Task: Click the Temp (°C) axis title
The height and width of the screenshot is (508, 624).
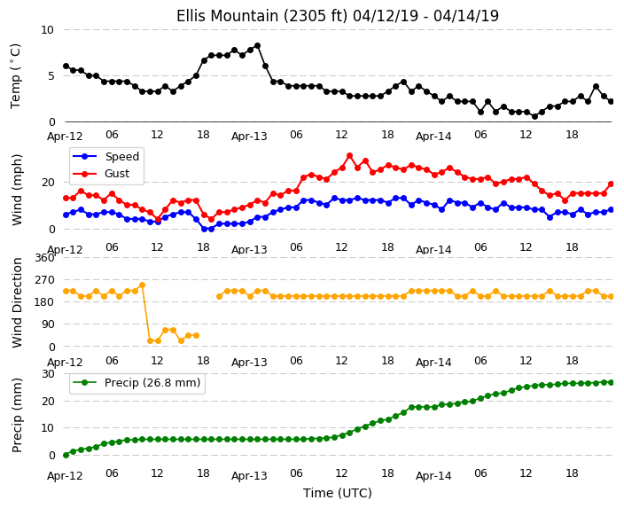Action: click(x=15, y=76)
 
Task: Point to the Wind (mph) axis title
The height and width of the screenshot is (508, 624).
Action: click(x=16, y=190)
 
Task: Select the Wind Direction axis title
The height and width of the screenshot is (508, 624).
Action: click(x=16, y=302)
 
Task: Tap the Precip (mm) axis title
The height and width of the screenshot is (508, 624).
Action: click(x=16, y=415)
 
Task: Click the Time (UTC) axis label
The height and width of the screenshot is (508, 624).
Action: click(x=338, y=493)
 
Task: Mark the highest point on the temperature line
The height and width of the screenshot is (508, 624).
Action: click(x=257, y=46)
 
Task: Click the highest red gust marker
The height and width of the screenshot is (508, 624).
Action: click(x=349, y=156)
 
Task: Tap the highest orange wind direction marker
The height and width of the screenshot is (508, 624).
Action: click(x=142, y=285)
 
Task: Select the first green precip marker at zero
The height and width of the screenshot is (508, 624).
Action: click(x=66, y=455)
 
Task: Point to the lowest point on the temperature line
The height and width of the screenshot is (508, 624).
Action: click(x=534, y=116)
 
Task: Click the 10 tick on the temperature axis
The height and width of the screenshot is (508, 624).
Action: click(x=47, y=30)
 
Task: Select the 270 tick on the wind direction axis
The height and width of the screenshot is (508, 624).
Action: click(x=44, y=280)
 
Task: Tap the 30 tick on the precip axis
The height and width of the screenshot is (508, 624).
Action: click(x=48, y=374)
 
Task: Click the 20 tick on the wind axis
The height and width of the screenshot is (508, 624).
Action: click(x=48, y=183)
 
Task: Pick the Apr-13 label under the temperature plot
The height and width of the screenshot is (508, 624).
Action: click(x=249, y=137)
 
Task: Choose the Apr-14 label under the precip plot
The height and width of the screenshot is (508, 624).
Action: click(x=433, y=475)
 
